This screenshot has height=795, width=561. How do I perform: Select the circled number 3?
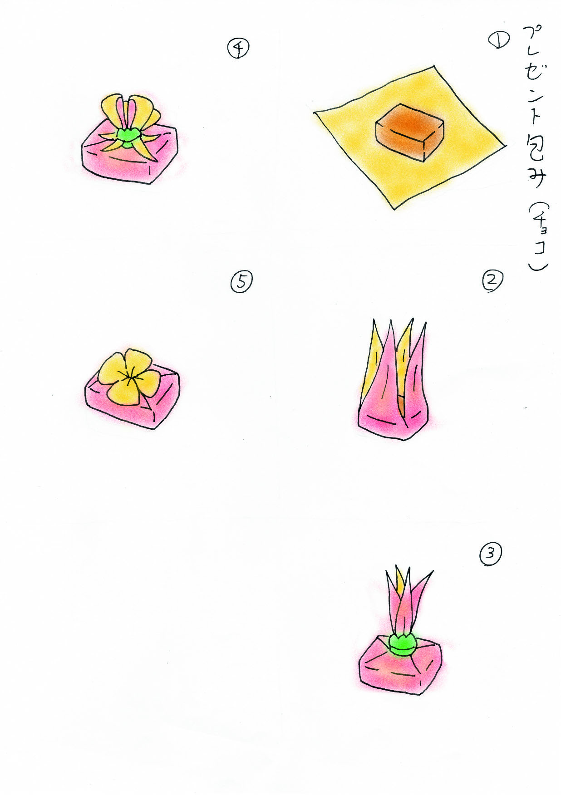(x=490, y=555)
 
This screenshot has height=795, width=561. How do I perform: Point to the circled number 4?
(x=238, y=48)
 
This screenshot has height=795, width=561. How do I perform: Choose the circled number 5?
(x=241, y=282)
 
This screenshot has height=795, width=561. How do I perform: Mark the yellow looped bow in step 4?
(x=127, y=118)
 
